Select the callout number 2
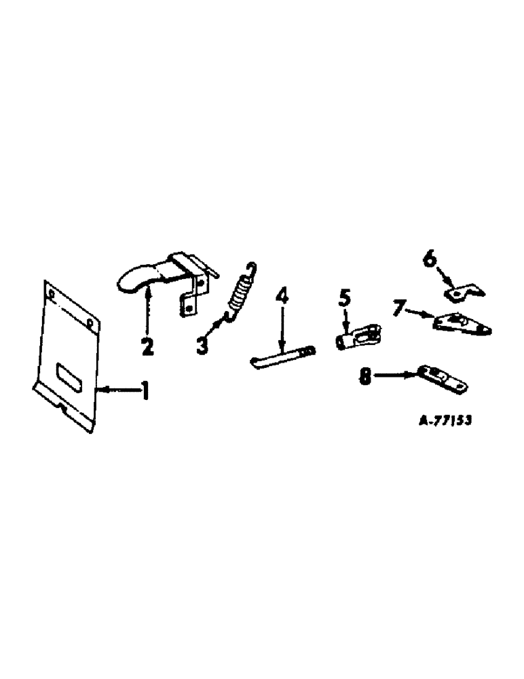[x=147, y=346]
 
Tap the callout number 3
[x=202, y=346]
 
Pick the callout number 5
[x=344, y=297]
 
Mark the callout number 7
[x=399, y=309]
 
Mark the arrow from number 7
[x=421, y=313]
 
